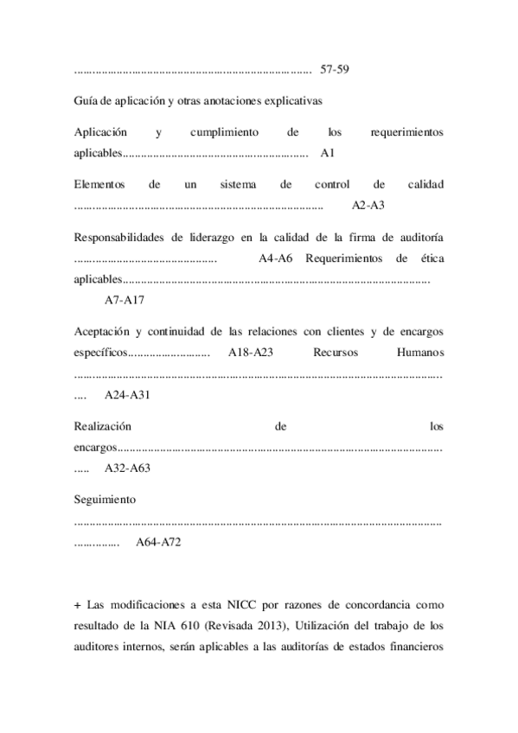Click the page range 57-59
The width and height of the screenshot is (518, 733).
coord(334,68)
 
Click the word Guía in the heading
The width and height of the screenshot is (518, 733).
coord(86,100)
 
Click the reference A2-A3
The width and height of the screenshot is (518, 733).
coord(368,206)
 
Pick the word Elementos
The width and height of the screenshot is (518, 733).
coord(99,185)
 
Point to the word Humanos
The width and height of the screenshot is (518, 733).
coord(419,353)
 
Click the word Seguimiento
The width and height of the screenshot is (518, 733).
coord(106,500)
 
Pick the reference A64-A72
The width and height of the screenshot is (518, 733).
coord(158,541)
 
